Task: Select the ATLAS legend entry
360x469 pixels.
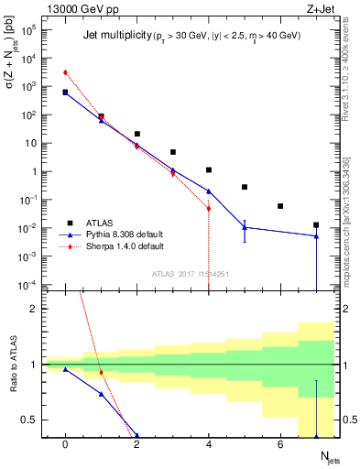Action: (x=93, y=223)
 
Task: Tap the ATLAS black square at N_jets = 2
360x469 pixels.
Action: (x=136, y=134)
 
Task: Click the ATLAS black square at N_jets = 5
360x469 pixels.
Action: (x=245, y=187)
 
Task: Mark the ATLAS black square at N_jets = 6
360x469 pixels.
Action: (x=280, y=206)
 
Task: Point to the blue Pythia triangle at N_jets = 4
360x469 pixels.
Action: (x=209, y=191)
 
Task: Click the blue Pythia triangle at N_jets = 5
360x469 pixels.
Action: (x=245, y=227)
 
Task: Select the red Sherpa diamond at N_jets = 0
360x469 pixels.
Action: (x=65, y=72)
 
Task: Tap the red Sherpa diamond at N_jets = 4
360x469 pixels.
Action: (x=209, y=208)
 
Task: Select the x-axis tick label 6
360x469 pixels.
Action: (x=280, y=444)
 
